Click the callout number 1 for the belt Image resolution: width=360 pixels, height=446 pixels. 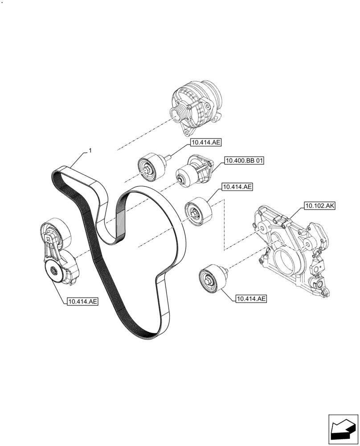pyautogui.click(x=90, y=151)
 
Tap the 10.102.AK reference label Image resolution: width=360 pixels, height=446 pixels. pyautogui.click(x=320, y=206)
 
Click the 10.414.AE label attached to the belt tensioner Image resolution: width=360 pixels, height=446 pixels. pyautogui.click(x=82, y=301)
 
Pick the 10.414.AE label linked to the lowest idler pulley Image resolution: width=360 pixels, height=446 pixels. pyautogui.click(x=250, y=299)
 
